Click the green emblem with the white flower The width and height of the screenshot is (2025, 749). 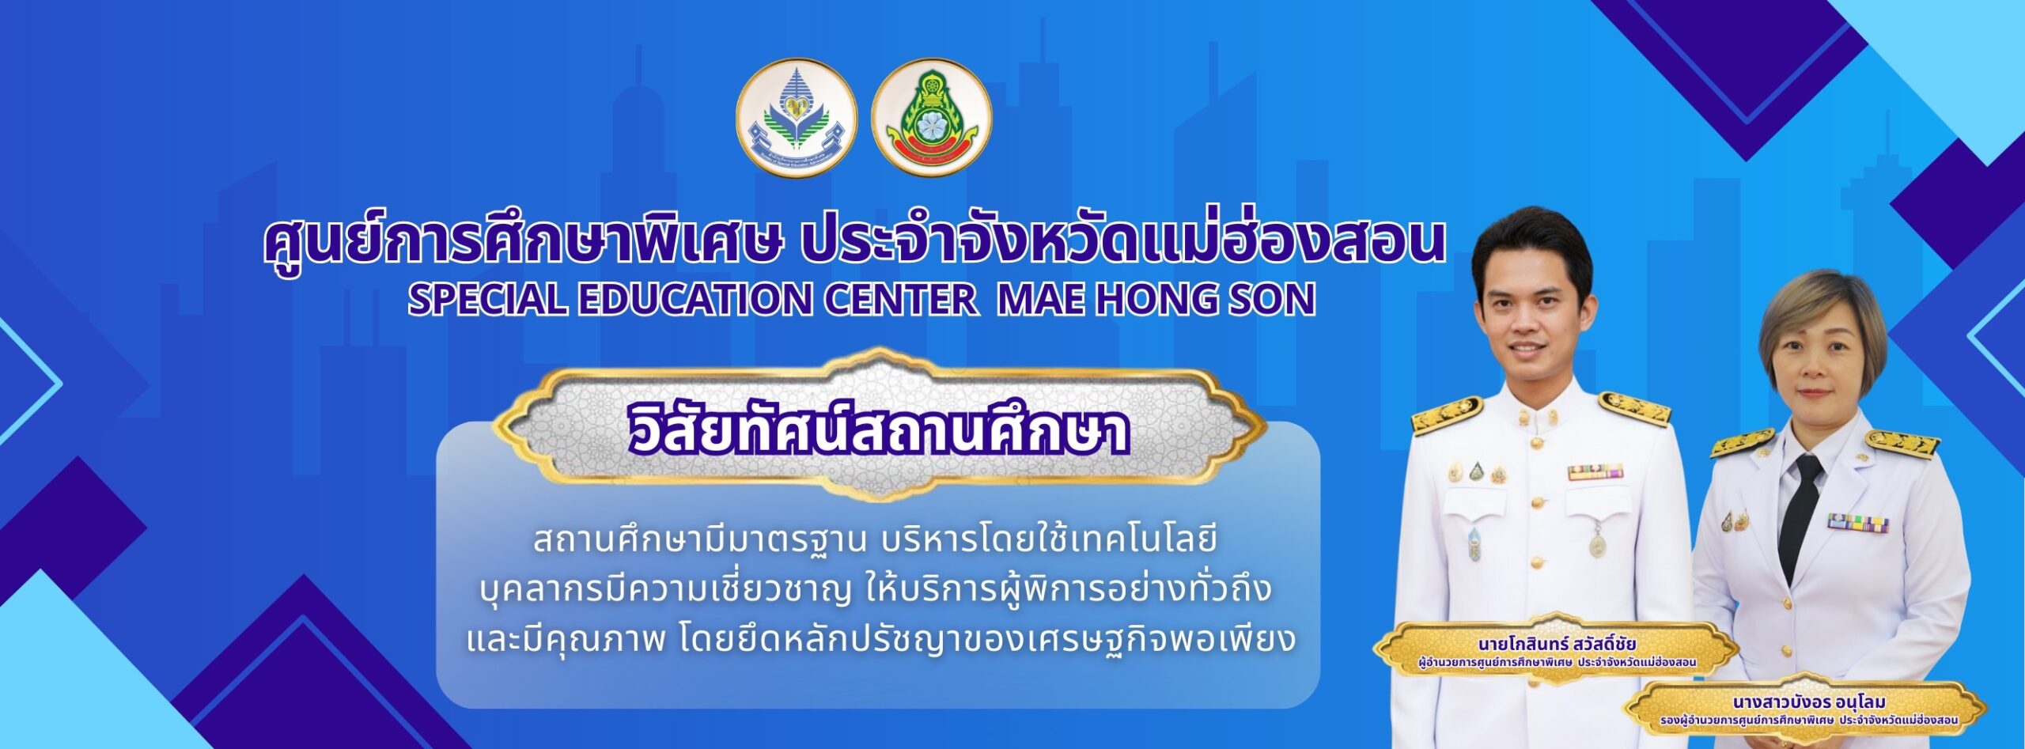[x=931, y=117]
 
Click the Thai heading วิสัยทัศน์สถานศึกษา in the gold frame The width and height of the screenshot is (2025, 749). [x=878, y=431]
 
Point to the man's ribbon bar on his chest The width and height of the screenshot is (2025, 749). [x=1595, y=473]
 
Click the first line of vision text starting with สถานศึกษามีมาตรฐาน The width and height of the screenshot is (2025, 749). [x=873, y=541]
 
